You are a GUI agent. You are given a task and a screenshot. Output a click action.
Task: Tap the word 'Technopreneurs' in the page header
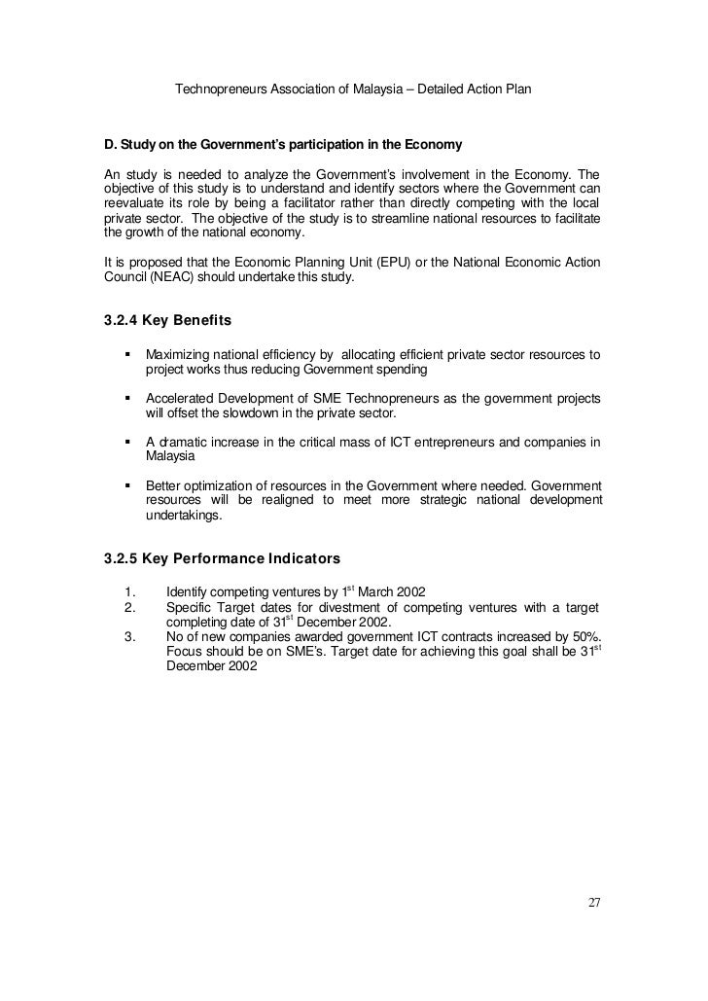point(221,90)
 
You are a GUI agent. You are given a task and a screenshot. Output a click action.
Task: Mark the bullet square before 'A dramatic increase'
point(126,442)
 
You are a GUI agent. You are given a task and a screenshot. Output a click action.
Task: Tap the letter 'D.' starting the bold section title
point(110,145)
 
